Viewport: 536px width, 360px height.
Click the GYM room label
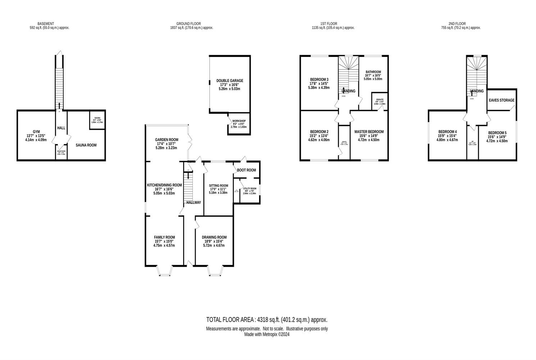(36, 132)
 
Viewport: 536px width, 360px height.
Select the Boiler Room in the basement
(61, 152)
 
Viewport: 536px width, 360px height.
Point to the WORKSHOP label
(239, 121)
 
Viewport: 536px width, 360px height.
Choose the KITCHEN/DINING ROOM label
(164, 185)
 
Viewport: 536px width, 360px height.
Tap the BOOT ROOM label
(246, 170)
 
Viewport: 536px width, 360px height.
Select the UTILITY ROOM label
(250, 189)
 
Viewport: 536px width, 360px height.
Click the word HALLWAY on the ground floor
(194, 203)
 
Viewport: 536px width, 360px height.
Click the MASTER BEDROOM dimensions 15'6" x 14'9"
(369, 136)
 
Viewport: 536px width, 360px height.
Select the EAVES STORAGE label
(501, 100)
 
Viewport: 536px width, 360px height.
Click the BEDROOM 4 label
(448, 132)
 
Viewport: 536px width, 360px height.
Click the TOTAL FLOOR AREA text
(267, 320)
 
